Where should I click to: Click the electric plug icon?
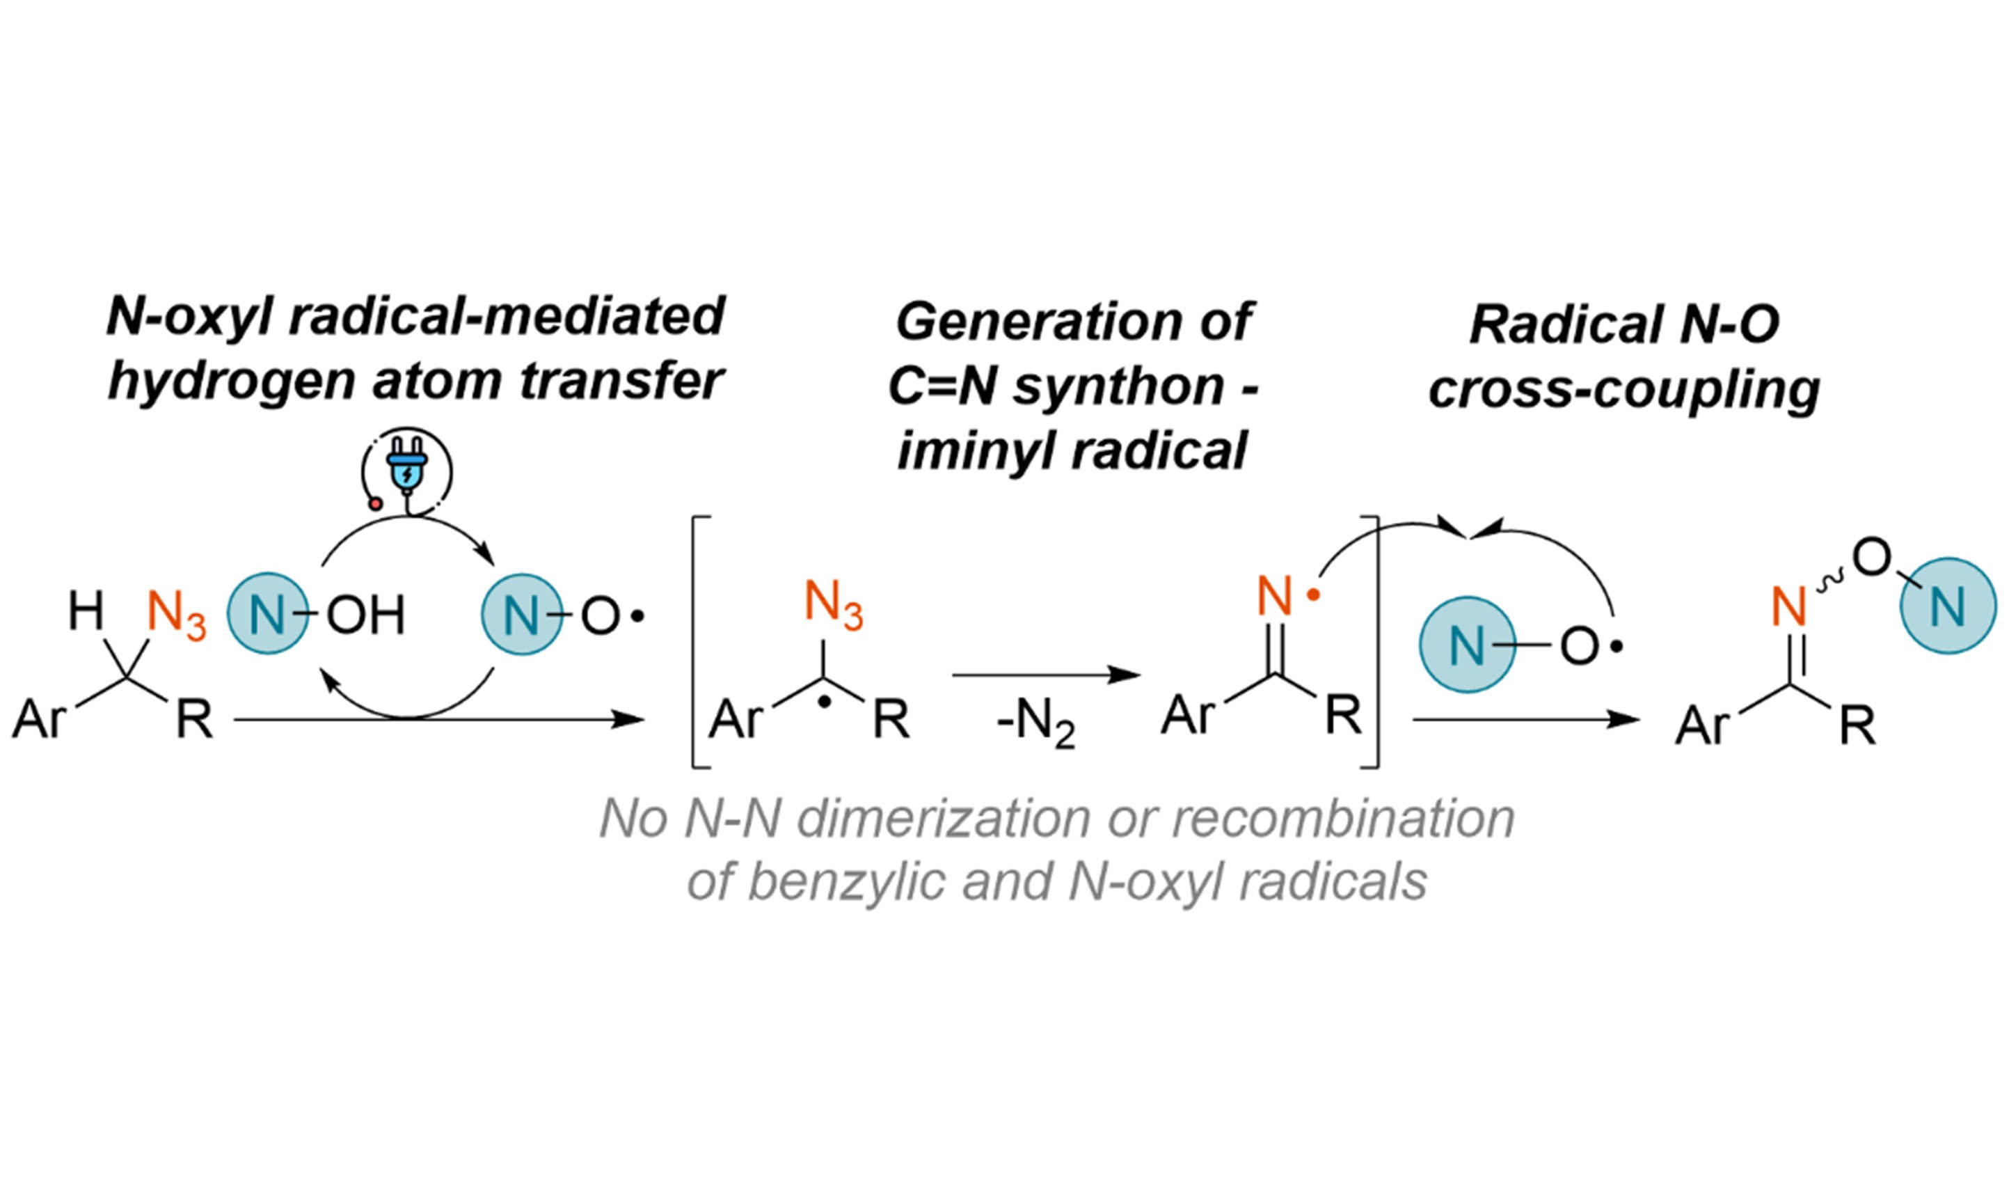pyautogui.click(x=407, y=471)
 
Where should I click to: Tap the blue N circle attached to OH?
pyautogui.click(x=268, y=614)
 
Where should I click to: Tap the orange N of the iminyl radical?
pyautogui.click(x=1274, y=597)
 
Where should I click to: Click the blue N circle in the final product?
pyautogui.click(x=1948, y=606)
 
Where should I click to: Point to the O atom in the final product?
pyautogui.click(x=1871, y=558)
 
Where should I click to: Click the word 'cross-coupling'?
pyautogui.click(x=1624, y=390)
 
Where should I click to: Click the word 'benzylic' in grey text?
pyautogui.click(x=845, y=882)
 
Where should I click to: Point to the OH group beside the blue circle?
pyautogui.click(x=365, y=615)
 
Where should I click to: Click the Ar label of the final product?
pyautogui.click(x=1701, y=726)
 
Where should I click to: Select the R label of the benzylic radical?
pyautogui.click(x=891, y=720)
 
